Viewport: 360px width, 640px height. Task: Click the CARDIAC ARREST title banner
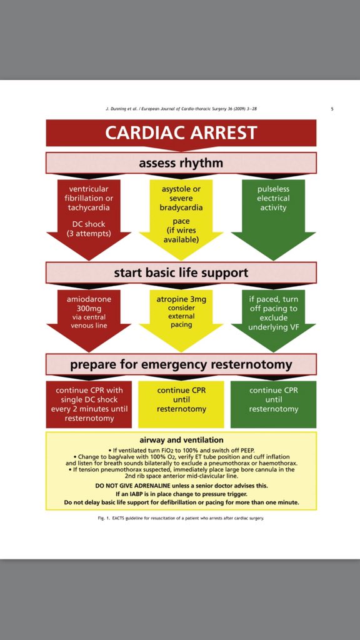click(x=181, y=132)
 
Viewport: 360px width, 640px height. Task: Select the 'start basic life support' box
click(x=181, y=272)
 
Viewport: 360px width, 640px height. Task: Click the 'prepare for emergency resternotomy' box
click(x=181, y=364)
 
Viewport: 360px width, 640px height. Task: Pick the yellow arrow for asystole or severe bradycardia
click(x=181, y=212)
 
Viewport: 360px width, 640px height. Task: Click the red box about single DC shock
click(x=89, y=404)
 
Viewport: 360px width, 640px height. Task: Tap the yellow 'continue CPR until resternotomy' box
click(x=181, y=400)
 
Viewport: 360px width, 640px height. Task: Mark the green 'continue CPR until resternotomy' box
click(x=273, y=400)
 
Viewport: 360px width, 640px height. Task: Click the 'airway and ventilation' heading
click(x=181, y=440)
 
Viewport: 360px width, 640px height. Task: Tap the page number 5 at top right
click(x=331, y=109)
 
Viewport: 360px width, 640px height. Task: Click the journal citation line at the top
click(x=181, y=109)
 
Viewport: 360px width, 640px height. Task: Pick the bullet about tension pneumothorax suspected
click(x=181, y=470)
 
